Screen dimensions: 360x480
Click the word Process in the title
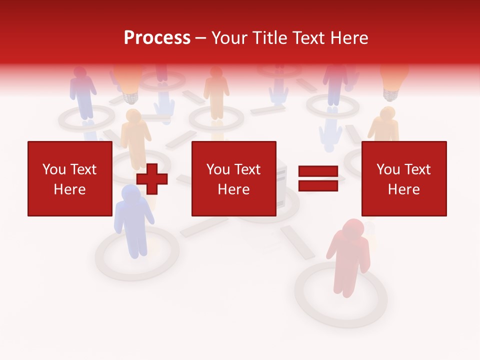click(157, 38)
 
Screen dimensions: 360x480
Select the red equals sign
click(318, 179)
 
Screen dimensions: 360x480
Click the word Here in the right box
click(403, 189)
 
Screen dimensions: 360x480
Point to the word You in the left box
click(54, 169)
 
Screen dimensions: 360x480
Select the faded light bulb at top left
click(127, 80)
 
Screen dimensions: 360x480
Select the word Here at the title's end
click(349, 38)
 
